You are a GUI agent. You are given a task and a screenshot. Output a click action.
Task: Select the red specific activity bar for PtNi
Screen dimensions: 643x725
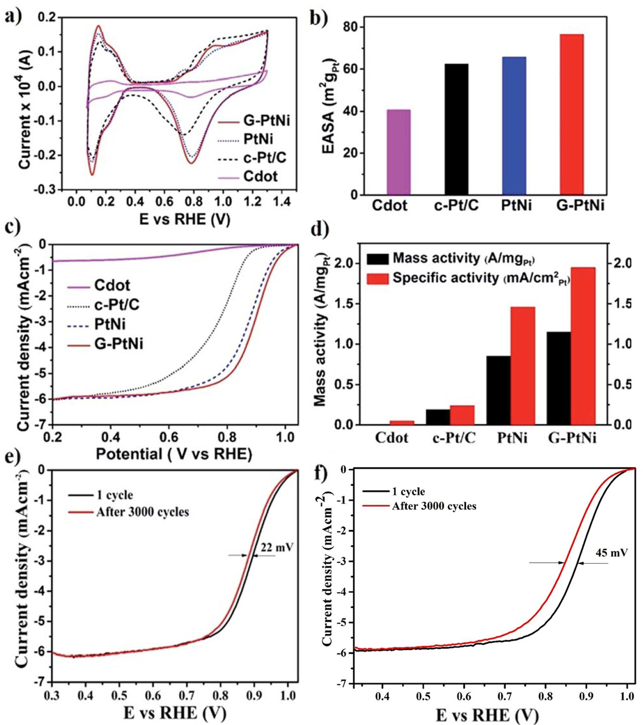[522, 366]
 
